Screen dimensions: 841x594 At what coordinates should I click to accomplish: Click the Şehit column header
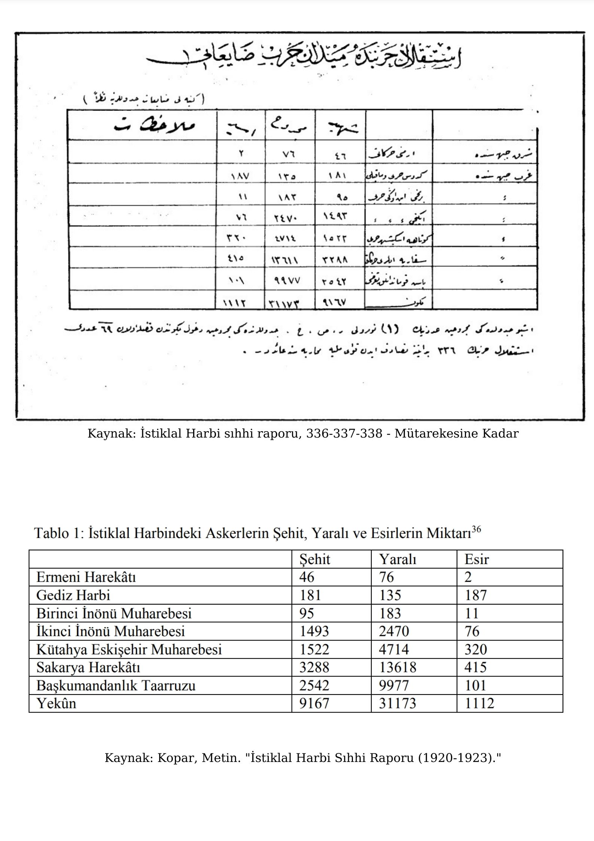(314, 559)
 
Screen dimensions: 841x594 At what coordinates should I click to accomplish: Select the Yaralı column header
(397, 559)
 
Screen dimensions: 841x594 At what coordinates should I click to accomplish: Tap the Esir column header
(476, 559)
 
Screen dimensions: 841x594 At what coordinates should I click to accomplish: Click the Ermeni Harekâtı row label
(86, 577)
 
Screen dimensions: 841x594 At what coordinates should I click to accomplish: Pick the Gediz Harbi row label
(73, 595)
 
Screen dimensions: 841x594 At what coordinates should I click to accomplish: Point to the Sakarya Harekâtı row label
(88, 667)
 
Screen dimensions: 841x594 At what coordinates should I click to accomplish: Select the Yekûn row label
(56, 703)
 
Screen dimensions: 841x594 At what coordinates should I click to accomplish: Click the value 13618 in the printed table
(397, 667)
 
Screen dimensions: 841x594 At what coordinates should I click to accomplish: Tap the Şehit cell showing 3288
(314, 667)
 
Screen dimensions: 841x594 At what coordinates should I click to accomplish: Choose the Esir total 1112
(479, 703)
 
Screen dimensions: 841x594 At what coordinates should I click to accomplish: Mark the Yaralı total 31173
(397, 703)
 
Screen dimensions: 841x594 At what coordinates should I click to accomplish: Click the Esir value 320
(475, 649)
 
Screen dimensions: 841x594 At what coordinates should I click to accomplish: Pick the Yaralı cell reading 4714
(394, 649)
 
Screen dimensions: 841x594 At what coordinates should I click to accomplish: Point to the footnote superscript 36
(476, 529)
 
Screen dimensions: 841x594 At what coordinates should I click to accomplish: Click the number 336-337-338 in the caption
(344, 433)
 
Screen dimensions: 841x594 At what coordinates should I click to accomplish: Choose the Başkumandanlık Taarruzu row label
(116, 685)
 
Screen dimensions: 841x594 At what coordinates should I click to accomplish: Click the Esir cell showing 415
(475, 667)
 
